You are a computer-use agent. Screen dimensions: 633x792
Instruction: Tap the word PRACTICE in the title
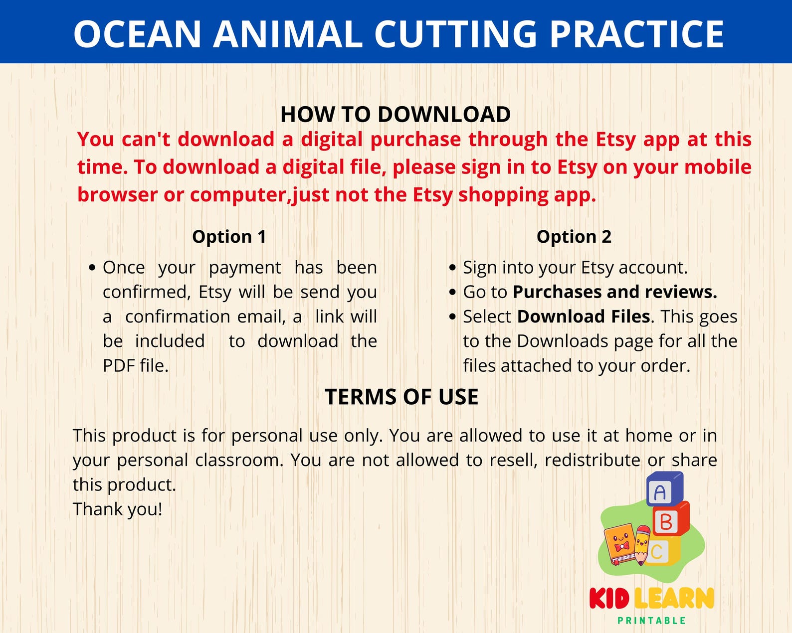pos(636,34)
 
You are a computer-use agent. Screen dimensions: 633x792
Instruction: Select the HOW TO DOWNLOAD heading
pos(396,114)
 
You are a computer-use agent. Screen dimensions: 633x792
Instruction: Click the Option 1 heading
pos(229,236)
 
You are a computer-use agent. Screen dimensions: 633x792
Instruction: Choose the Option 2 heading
pos(574,236)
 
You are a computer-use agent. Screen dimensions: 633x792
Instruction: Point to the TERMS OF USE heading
pos(401,397)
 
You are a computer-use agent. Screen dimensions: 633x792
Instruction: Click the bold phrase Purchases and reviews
pos(614,292)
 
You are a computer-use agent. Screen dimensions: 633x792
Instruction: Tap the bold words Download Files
pos(584,316)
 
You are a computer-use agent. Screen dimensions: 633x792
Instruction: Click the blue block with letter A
pos(663,489)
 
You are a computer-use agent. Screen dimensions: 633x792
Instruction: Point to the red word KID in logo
pos(609,598)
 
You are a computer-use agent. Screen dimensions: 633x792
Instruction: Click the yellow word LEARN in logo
pos(674,598)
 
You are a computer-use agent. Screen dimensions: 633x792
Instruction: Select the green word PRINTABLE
pos(651,621)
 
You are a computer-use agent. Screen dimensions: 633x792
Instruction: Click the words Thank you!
pos(118,509)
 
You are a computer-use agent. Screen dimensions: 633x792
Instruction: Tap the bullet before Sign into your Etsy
pos(452,268)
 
